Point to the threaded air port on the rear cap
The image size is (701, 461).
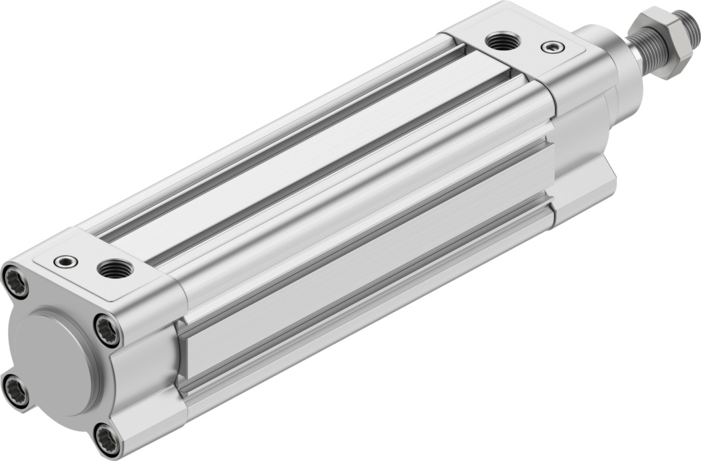pyautogui.click(x=114, y=269)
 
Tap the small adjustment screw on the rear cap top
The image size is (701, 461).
pyautogui.click(x=64, y=261)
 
